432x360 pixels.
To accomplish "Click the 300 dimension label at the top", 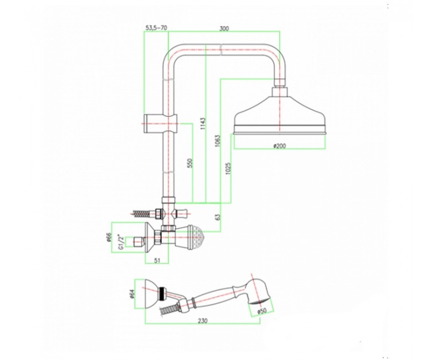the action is [224, 28].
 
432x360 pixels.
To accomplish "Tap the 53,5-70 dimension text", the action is [156, 28].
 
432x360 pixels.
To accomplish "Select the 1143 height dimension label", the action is [203, 125].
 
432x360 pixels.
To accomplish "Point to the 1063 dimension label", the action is [218, 141].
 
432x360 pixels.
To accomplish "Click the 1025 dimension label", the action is [228, 169].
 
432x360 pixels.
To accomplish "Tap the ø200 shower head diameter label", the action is [280, 146].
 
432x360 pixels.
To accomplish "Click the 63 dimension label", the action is [218, 217].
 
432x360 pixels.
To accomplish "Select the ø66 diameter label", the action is [109, 238].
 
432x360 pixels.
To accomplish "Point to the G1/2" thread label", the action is [120, 242].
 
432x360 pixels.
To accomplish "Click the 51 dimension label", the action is [157, 260].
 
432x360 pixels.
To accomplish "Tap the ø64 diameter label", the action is [132, 294].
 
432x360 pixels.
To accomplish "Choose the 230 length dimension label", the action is [203, 321].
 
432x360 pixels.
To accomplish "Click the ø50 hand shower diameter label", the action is [262, 311].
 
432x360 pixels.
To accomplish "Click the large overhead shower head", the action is [280, 115].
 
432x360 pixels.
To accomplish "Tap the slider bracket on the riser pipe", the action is [160, 123].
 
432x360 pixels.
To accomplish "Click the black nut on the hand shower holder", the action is [162, 294].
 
